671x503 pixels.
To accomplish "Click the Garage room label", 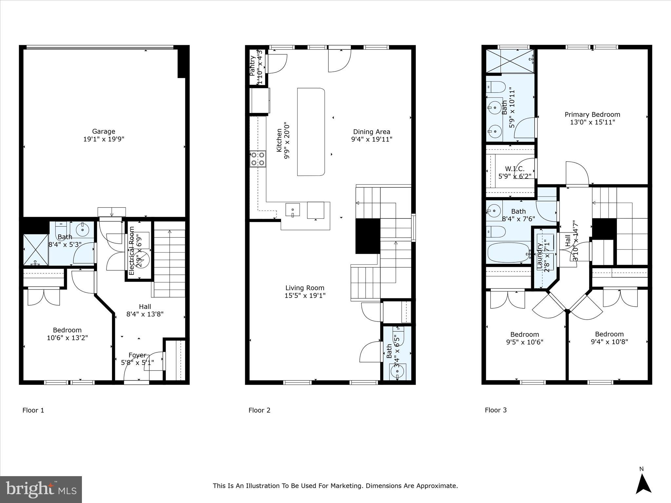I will pyautogui.click(x=104, y=132).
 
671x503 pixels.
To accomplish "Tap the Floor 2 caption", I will pyautogui.click(x=259, y=410).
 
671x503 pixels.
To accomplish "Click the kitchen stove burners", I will pyautogui.click(x=258, y=158).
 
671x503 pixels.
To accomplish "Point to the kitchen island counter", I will pyautogui.click(x=311, y=132).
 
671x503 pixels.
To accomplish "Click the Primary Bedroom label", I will pyautogui.click(x=592, y=115).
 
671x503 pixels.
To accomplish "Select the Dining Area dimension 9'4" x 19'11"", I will pyautogui.click(x=372, y=139).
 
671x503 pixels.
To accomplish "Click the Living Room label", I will pyautogui.click(x=305, y=288).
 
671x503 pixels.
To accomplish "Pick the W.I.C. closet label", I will pyautogui.click(x=514, y=169).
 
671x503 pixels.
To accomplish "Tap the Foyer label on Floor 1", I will pyautogui.click(x=137, y=355).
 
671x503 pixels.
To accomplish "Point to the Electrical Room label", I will pyautogui.click(x=132, y=251).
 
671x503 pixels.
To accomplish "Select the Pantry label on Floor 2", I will pyautogui.click(x=253, y=66).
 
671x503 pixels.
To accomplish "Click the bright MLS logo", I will pyautogui.click(x=41, y=489).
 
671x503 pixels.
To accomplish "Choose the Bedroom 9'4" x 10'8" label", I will pyautogui.click(x=609, y=334).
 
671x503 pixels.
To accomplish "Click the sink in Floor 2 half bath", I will pyautogui.click(x=397, y=371).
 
